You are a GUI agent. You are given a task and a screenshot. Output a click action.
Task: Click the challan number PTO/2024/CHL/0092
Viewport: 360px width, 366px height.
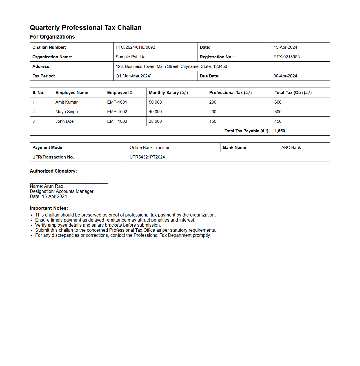point(135,47)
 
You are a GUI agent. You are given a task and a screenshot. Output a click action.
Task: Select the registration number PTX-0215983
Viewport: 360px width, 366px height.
point(286,57)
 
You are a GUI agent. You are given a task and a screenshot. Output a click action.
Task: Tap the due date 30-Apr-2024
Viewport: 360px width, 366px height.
point(285,76)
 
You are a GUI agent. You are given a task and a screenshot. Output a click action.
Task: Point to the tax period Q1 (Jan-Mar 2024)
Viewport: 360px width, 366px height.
point(134,76)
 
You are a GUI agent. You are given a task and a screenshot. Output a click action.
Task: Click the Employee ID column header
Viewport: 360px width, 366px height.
point(120,93)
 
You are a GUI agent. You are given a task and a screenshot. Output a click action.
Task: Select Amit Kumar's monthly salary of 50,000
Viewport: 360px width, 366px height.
point(155,102)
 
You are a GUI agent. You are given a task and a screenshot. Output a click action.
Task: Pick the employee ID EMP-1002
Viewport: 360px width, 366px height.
point(117,112)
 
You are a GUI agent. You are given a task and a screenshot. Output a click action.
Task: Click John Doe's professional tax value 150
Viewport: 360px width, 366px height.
point(213,121)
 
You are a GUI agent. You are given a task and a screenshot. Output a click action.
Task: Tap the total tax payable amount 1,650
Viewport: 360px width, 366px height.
point(279,131)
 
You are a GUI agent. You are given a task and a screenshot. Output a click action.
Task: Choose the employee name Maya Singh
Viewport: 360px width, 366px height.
point(66,112)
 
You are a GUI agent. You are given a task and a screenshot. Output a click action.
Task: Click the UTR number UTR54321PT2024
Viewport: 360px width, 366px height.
point(147,157)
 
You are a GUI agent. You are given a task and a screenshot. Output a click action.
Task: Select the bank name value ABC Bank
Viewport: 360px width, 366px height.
point(291,148)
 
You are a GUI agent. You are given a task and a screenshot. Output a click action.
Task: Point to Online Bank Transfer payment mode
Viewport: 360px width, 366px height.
point(149,148)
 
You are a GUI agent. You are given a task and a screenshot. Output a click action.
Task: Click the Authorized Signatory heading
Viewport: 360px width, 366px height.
point(53,171)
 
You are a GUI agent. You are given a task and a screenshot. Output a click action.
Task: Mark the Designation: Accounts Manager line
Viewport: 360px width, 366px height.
point(61,191)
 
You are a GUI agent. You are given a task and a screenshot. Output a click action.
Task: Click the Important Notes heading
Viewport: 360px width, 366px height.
point(49,208)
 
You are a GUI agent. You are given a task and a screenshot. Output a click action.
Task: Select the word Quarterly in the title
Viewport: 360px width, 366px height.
point(45,28)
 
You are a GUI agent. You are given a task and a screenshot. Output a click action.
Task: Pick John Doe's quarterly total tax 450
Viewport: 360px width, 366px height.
point(278,121)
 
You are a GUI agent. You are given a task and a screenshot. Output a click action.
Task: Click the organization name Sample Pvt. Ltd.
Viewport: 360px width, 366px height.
point(131,57)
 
